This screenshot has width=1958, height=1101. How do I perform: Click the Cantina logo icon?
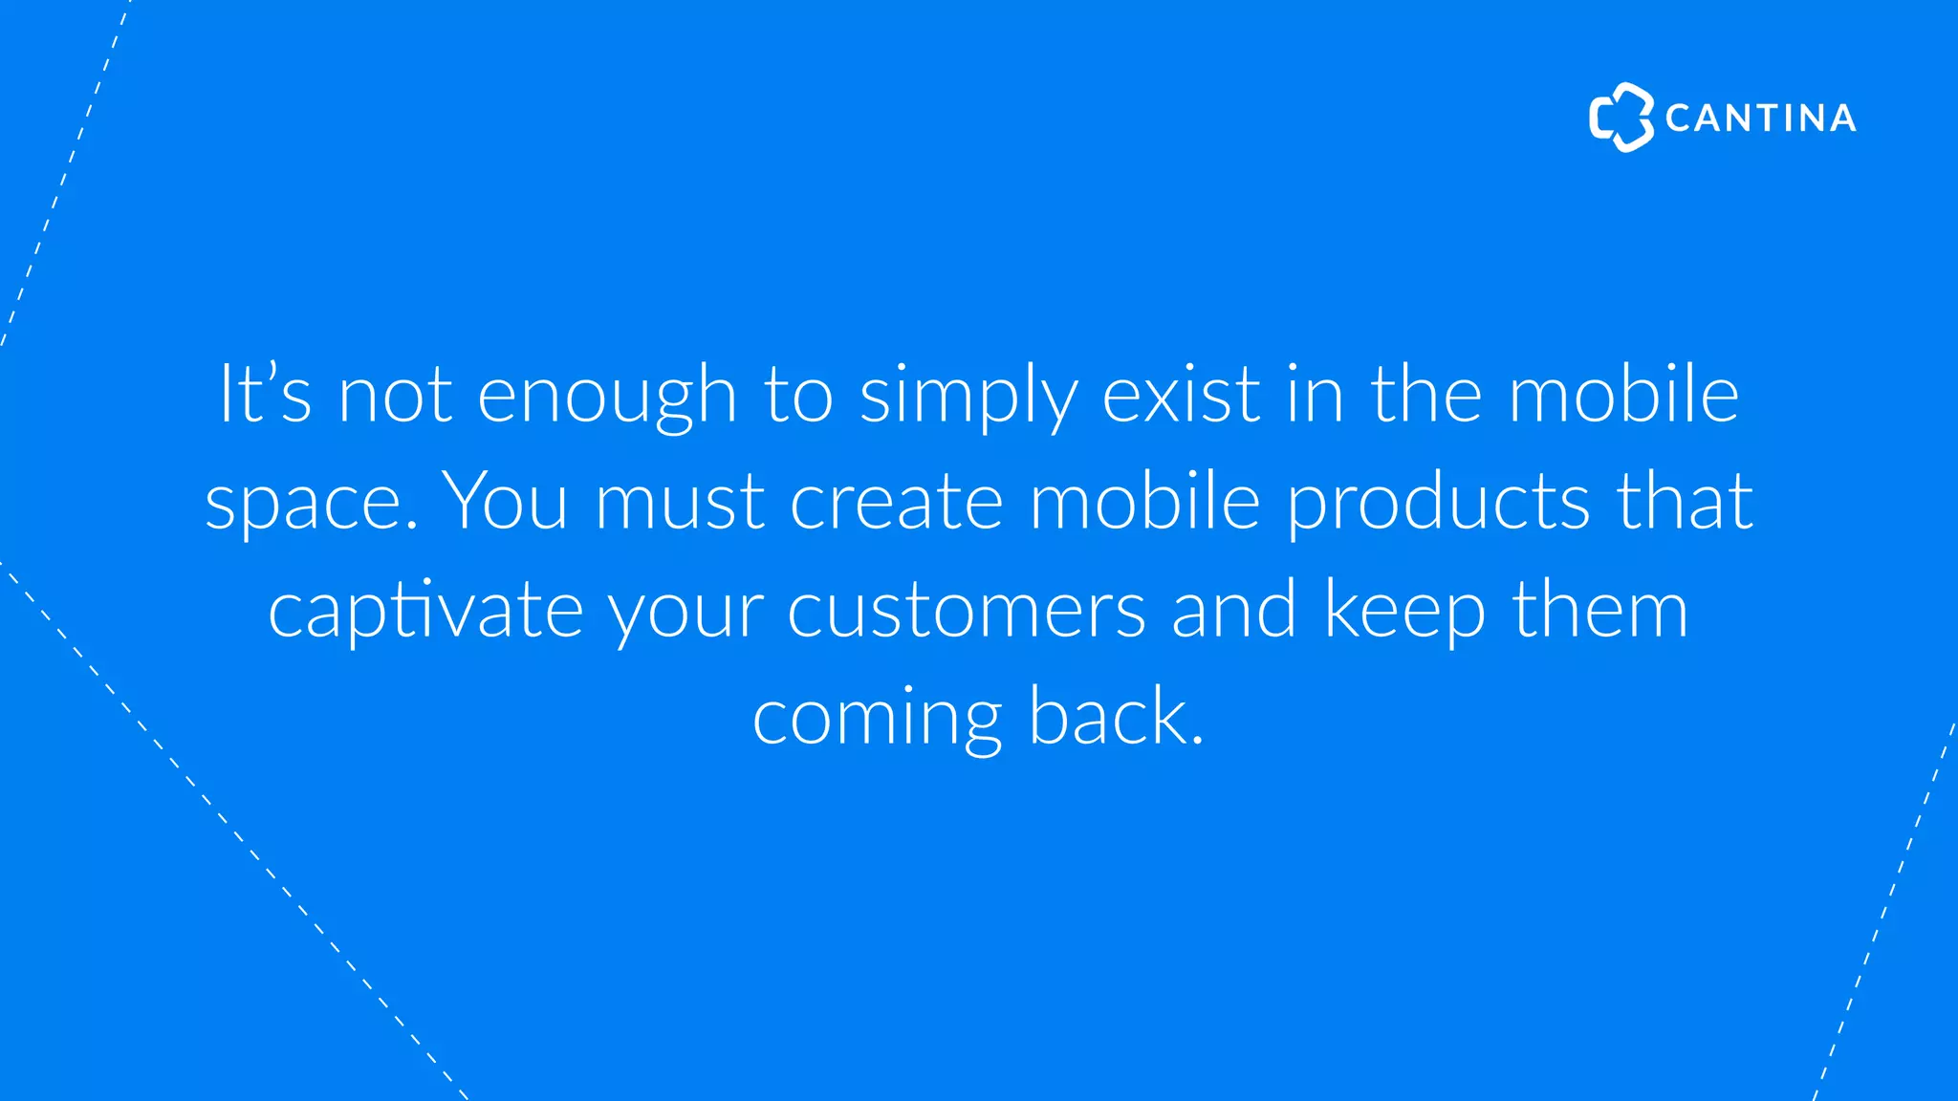(x=1621, y=118)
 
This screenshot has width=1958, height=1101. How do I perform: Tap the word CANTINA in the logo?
(x=1760, y=119)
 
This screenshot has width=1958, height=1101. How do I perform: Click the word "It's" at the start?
(x=265, y=393)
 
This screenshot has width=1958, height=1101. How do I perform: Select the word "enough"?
(x=606, y=397)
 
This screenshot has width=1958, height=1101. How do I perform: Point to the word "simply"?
(x=968, y=397)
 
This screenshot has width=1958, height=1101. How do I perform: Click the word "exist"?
(x=1181, y=393)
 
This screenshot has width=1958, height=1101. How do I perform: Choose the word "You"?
(x=508, y=501)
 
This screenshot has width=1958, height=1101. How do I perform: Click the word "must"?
(x=680, y=503)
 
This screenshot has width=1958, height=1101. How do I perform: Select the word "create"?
(x=896, y=503)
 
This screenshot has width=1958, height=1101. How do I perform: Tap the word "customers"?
(x=966, y=610)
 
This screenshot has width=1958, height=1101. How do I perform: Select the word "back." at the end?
(x=1116, y=717)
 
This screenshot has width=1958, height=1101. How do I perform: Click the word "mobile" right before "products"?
(x=1144, y=501)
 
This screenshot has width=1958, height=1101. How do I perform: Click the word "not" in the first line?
(x=395, y=395)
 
